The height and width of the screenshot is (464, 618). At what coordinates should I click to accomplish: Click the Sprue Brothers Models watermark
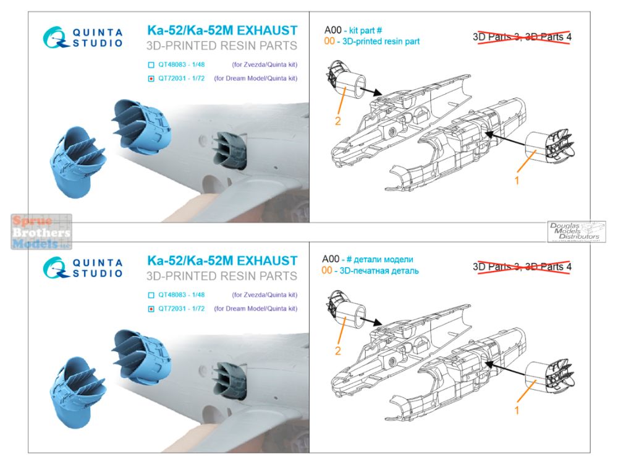tap(41, 231)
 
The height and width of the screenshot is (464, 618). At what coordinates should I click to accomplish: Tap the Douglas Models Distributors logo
tap(576, 231)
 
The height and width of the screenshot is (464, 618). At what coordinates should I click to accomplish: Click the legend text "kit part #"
tap(365, 30)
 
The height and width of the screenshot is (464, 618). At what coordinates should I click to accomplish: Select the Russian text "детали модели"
tap(383, 260)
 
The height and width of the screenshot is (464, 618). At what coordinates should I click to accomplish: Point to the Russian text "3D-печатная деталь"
tap(379, 271)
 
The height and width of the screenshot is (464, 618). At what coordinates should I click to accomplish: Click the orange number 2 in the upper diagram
tap(338, 121)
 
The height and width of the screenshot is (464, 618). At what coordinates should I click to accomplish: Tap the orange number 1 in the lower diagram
tap(517, 410)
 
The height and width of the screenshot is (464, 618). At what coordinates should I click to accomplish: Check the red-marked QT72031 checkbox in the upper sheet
tap(151, 79)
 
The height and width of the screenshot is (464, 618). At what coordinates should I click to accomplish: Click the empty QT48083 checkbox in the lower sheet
tap(151, 295)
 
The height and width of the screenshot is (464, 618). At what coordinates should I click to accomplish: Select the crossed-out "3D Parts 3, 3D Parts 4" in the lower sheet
tap(522, 267)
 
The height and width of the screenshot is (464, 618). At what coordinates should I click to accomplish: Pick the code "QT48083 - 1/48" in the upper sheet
tap(181, 64)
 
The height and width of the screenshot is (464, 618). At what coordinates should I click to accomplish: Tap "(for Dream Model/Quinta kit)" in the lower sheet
tap(256, 309)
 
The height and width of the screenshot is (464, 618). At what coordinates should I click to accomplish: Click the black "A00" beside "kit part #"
tap(333, 30)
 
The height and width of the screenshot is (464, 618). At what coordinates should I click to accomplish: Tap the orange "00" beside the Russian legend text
tap(327, 270)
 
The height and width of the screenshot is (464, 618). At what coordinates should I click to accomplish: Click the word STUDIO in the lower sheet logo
tap(98, 273)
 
